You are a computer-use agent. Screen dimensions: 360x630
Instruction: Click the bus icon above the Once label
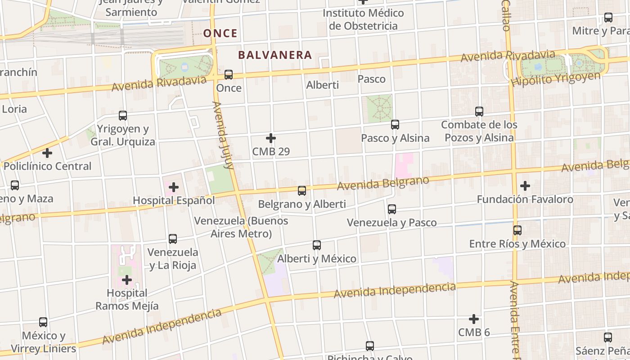pos(229,75)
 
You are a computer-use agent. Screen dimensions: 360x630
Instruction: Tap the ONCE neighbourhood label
pos(220,33)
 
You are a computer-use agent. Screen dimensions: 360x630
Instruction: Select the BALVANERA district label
pos(275,55)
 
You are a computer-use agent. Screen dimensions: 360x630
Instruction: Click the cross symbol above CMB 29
pos(271,138)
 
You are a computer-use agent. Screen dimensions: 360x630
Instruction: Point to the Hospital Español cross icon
pos(174,187)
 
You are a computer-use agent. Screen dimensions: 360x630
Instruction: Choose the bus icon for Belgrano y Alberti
pos(302,191)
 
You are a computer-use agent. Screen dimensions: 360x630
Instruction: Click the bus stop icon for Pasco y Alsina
pos(395,125)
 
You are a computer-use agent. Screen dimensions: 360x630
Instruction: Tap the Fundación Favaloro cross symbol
pos(525,185)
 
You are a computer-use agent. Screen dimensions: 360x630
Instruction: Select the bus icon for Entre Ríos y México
pos(517,230)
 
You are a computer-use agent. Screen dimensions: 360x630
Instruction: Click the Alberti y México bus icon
pos(317,245)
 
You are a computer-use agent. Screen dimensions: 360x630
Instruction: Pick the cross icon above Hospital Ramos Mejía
pos(127,280)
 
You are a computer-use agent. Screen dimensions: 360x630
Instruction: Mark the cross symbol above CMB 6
pos(474,319)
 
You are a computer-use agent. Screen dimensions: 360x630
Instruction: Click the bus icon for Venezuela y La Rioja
pos(173,239)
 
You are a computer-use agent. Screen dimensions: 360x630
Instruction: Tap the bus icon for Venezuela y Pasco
pos(392,209)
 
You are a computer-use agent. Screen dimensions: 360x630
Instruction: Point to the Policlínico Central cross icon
pos(47,153)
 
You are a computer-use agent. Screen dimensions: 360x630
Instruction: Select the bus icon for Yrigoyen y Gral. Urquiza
pos(123,116)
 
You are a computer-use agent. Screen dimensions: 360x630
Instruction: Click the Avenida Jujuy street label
pos(224,135)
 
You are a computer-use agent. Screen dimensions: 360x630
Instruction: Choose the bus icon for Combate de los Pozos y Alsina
pos(479,111)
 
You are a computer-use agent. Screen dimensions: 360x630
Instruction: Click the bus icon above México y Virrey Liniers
pos(43,322)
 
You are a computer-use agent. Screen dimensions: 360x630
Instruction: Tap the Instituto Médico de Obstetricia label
pos(363,19)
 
